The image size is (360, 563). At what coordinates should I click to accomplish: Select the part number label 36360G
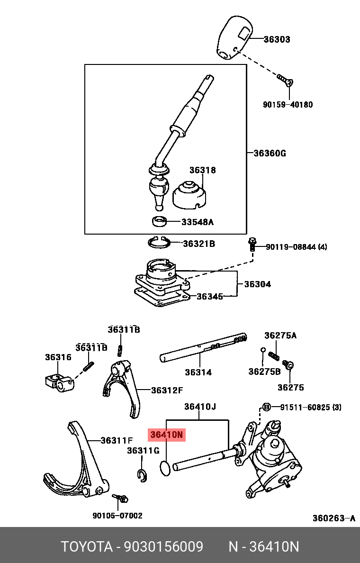coord(270,154)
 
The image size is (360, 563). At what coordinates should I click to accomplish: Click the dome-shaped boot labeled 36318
coord(189,196)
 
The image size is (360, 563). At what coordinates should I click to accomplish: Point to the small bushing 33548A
coord(159,221)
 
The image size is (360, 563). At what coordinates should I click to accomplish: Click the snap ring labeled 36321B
coord(159,242)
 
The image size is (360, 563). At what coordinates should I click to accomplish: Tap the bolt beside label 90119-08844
coord(252,244)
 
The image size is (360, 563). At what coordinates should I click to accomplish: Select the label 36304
coord(257,284)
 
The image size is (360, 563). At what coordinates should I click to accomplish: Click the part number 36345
coord(210,296)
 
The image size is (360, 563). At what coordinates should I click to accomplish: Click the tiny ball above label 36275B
coord(263,350)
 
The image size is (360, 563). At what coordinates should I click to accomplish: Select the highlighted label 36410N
coord(167,435)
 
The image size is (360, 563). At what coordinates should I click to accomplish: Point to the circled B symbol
coord(266,407)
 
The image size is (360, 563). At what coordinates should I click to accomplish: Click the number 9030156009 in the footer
coord(163,546)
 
